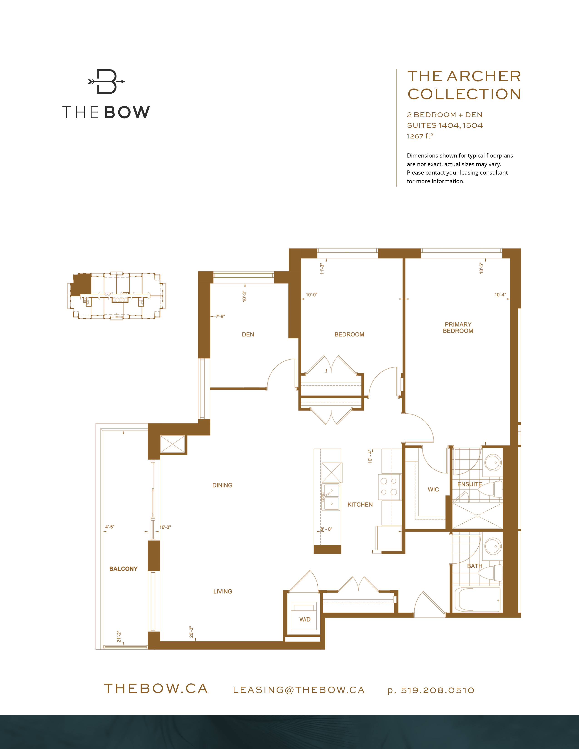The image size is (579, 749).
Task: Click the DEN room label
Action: (x=248, y=334)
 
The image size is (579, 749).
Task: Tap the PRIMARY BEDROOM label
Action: (x=458, y=328)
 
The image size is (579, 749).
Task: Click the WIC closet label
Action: (x=433, y=489)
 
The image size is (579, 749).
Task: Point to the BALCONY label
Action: (x=123, y=569)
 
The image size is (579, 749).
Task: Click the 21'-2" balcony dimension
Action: (x=119, y=636)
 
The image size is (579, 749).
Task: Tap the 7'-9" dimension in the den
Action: (x=220, y=316)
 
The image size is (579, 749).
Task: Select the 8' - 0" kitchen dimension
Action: (x=326, y=529)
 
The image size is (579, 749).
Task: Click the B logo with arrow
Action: (x=106, y=82)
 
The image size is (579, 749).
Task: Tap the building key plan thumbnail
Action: (x=116, y=296)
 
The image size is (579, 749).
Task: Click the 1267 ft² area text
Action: (x=420, y=136)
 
